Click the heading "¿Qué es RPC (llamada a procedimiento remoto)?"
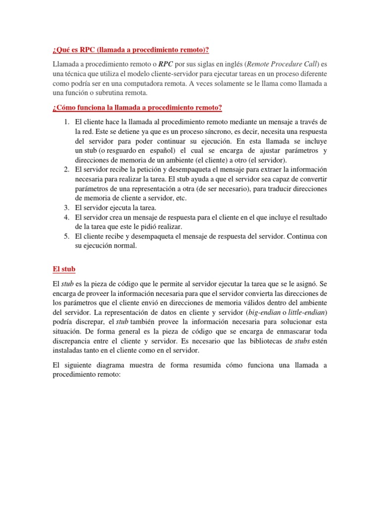click(131, 49)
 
